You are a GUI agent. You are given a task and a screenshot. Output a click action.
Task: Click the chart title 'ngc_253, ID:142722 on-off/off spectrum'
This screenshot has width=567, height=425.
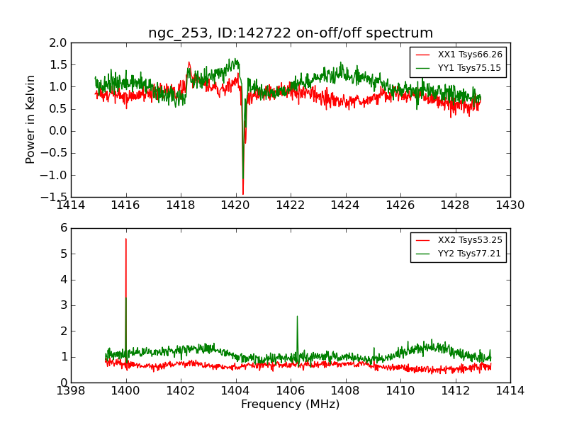(x=291, y=33)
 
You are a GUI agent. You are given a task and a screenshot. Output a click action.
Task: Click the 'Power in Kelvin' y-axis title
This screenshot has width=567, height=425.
(x=31, y=119)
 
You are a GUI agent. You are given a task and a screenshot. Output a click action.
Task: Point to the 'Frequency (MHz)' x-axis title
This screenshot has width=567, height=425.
(x=291, y=404)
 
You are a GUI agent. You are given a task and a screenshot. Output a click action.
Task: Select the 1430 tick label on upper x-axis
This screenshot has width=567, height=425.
(x=510, y=205)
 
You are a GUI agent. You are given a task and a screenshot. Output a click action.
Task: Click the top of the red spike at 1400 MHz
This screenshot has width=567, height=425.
(x=126, y=239)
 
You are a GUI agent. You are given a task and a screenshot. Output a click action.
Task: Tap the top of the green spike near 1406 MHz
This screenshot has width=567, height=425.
(x=297, y=316)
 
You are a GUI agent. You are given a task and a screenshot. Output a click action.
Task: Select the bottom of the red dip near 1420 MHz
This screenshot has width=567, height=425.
(x=243, y=193)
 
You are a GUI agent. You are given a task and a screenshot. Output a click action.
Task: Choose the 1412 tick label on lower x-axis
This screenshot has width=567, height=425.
(x=455, y=391)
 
